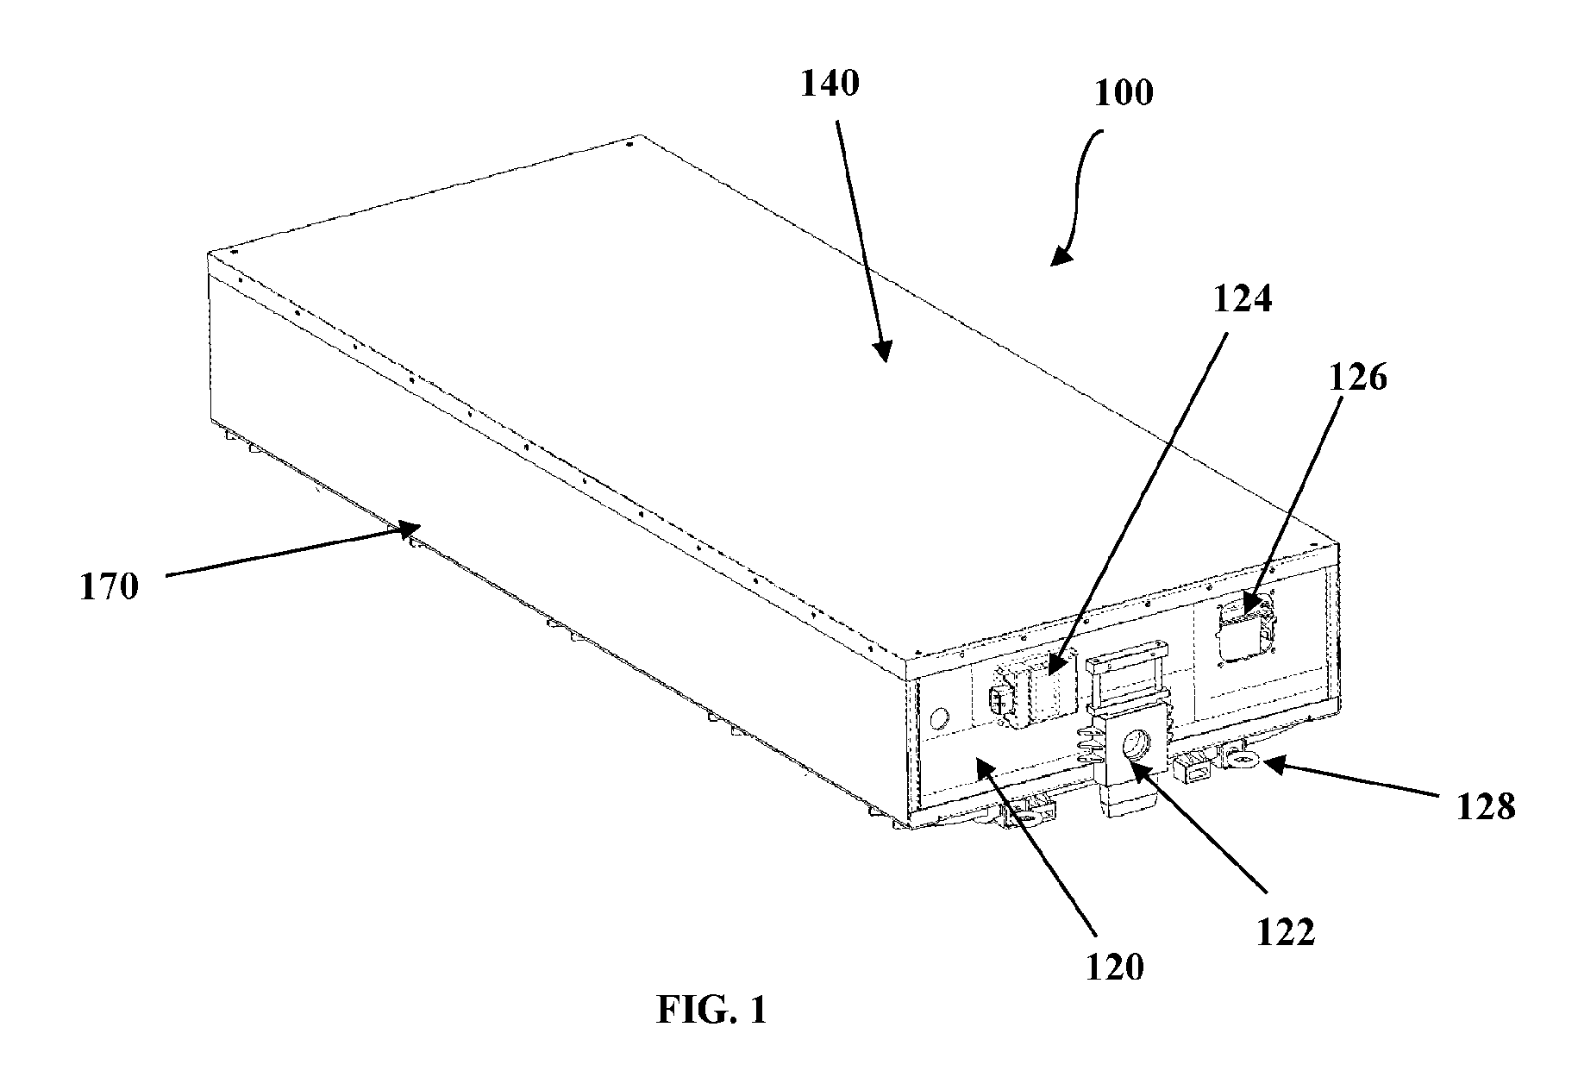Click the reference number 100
pos(1124,93)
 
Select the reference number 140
pos(830,84)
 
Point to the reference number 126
pos(1357,377)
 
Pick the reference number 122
pos(1285,933)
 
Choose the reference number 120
pos(1114,968)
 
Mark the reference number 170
pos(110,586)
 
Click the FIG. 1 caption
pos(711,1010)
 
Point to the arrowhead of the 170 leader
pos(411,529)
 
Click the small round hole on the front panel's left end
pos(938,717)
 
